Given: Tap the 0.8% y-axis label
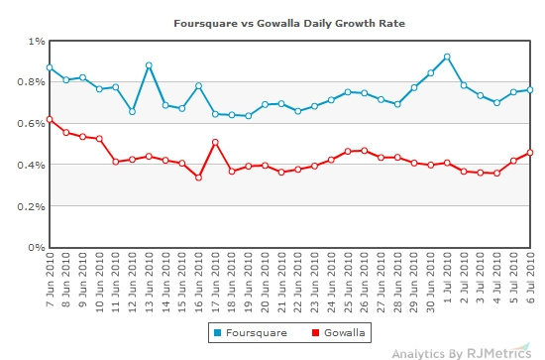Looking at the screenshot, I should [31, 82].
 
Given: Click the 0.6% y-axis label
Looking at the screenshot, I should [31, 124].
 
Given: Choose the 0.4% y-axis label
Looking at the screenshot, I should [31, 165].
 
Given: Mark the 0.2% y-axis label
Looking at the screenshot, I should [31, 206].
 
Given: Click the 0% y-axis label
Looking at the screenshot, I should [37, 248].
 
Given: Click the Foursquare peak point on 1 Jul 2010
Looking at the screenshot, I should [448, 57].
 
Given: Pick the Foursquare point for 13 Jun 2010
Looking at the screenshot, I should [149, 65].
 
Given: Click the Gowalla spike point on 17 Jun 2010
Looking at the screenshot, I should [215, 142].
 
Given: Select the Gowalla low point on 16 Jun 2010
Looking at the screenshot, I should [198, 178].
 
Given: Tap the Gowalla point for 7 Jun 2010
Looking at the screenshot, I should [50, 119].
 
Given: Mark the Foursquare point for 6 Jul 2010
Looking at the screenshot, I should [531, 89].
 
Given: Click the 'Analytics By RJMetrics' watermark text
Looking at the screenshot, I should [462, 351].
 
